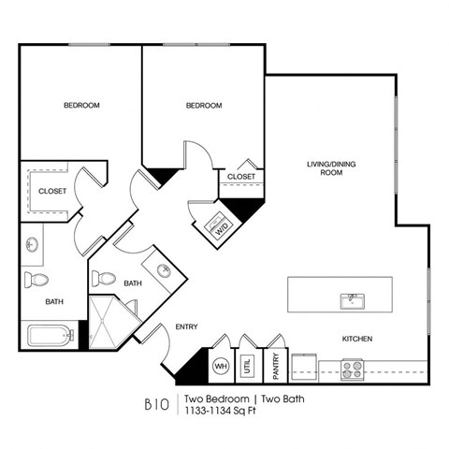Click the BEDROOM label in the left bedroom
(81, 106)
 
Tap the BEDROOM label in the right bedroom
(204, 106)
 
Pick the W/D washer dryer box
(222, 226)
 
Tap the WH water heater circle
(223, 367)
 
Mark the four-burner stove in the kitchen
(352, 369)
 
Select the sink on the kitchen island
(352, 300)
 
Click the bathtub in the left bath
(50, 335)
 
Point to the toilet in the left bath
(37, 279)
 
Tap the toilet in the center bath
(106, 278)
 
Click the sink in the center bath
(164, 271)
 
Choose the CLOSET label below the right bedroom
(241, 176)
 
